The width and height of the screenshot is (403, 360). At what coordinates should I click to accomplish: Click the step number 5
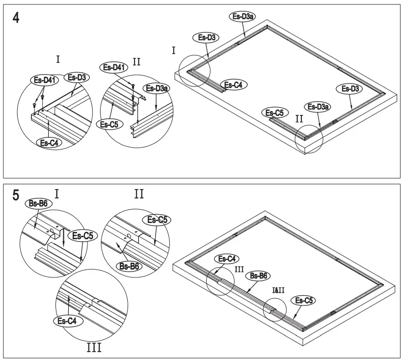16,195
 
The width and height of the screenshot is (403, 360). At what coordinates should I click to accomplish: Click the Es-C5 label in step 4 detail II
109,124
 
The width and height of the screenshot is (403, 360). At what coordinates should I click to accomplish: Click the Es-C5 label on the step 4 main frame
275,113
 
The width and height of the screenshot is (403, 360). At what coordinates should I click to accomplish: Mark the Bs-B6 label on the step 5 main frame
258,276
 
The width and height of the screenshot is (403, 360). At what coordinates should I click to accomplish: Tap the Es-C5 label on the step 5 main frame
302,300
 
